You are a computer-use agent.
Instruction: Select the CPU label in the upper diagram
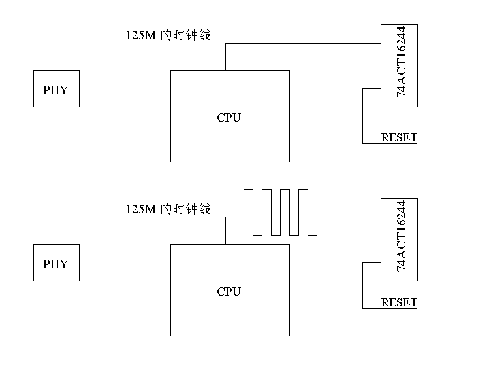pos(229,118)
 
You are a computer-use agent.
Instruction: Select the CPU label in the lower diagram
pos(229,292)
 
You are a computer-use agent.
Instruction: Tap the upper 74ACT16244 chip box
pos(399,65)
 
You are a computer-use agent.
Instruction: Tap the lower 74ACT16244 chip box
pos(399,239)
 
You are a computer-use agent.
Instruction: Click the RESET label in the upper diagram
pos(399,137)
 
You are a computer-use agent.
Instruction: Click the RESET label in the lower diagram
pos(399,302)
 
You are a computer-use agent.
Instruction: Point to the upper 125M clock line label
pos(168,35)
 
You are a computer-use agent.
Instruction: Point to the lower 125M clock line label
pos(168,209)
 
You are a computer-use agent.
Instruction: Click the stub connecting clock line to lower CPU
pos(225,231)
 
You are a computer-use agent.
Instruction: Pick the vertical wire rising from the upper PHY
pos(52,57)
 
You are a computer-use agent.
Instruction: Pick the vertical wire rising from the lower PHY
pos(52,231)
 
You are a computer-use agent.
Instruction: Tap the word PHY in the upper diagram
pos(55,90)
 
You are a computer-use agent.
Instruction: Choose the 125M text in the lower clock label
pos(141,209)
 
